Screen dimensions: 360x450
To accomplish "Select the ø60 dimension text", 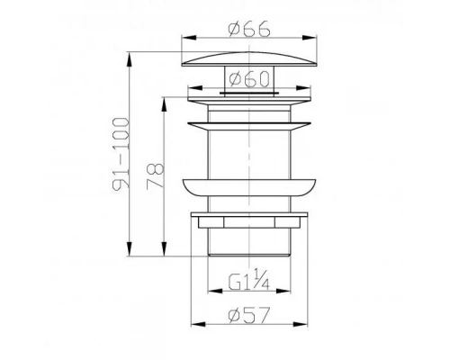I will [x=247, y=77].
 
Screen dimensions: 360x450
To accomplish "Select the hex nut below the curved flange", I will [x=247, y=220].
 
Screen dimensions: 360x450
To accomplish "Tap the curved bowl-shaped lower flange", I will [x=247, y=190].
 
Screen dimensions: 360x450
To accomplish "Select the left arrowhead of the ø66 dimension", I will [x=187, y=38].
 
